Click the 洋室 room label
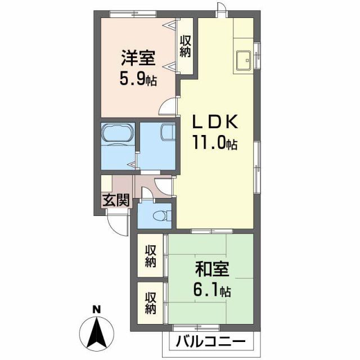[x=137, y=58]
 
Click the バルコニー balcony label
[x=210, y=341]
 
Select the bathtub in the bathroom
[x=118, y=134]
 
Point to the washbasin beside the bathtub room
[x=168, y=133]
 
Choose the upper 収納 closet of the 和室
[x=150, y=256]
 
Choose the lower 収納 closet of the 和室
[x=150, y=302]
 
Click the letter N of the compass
[x=96, y=309]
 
